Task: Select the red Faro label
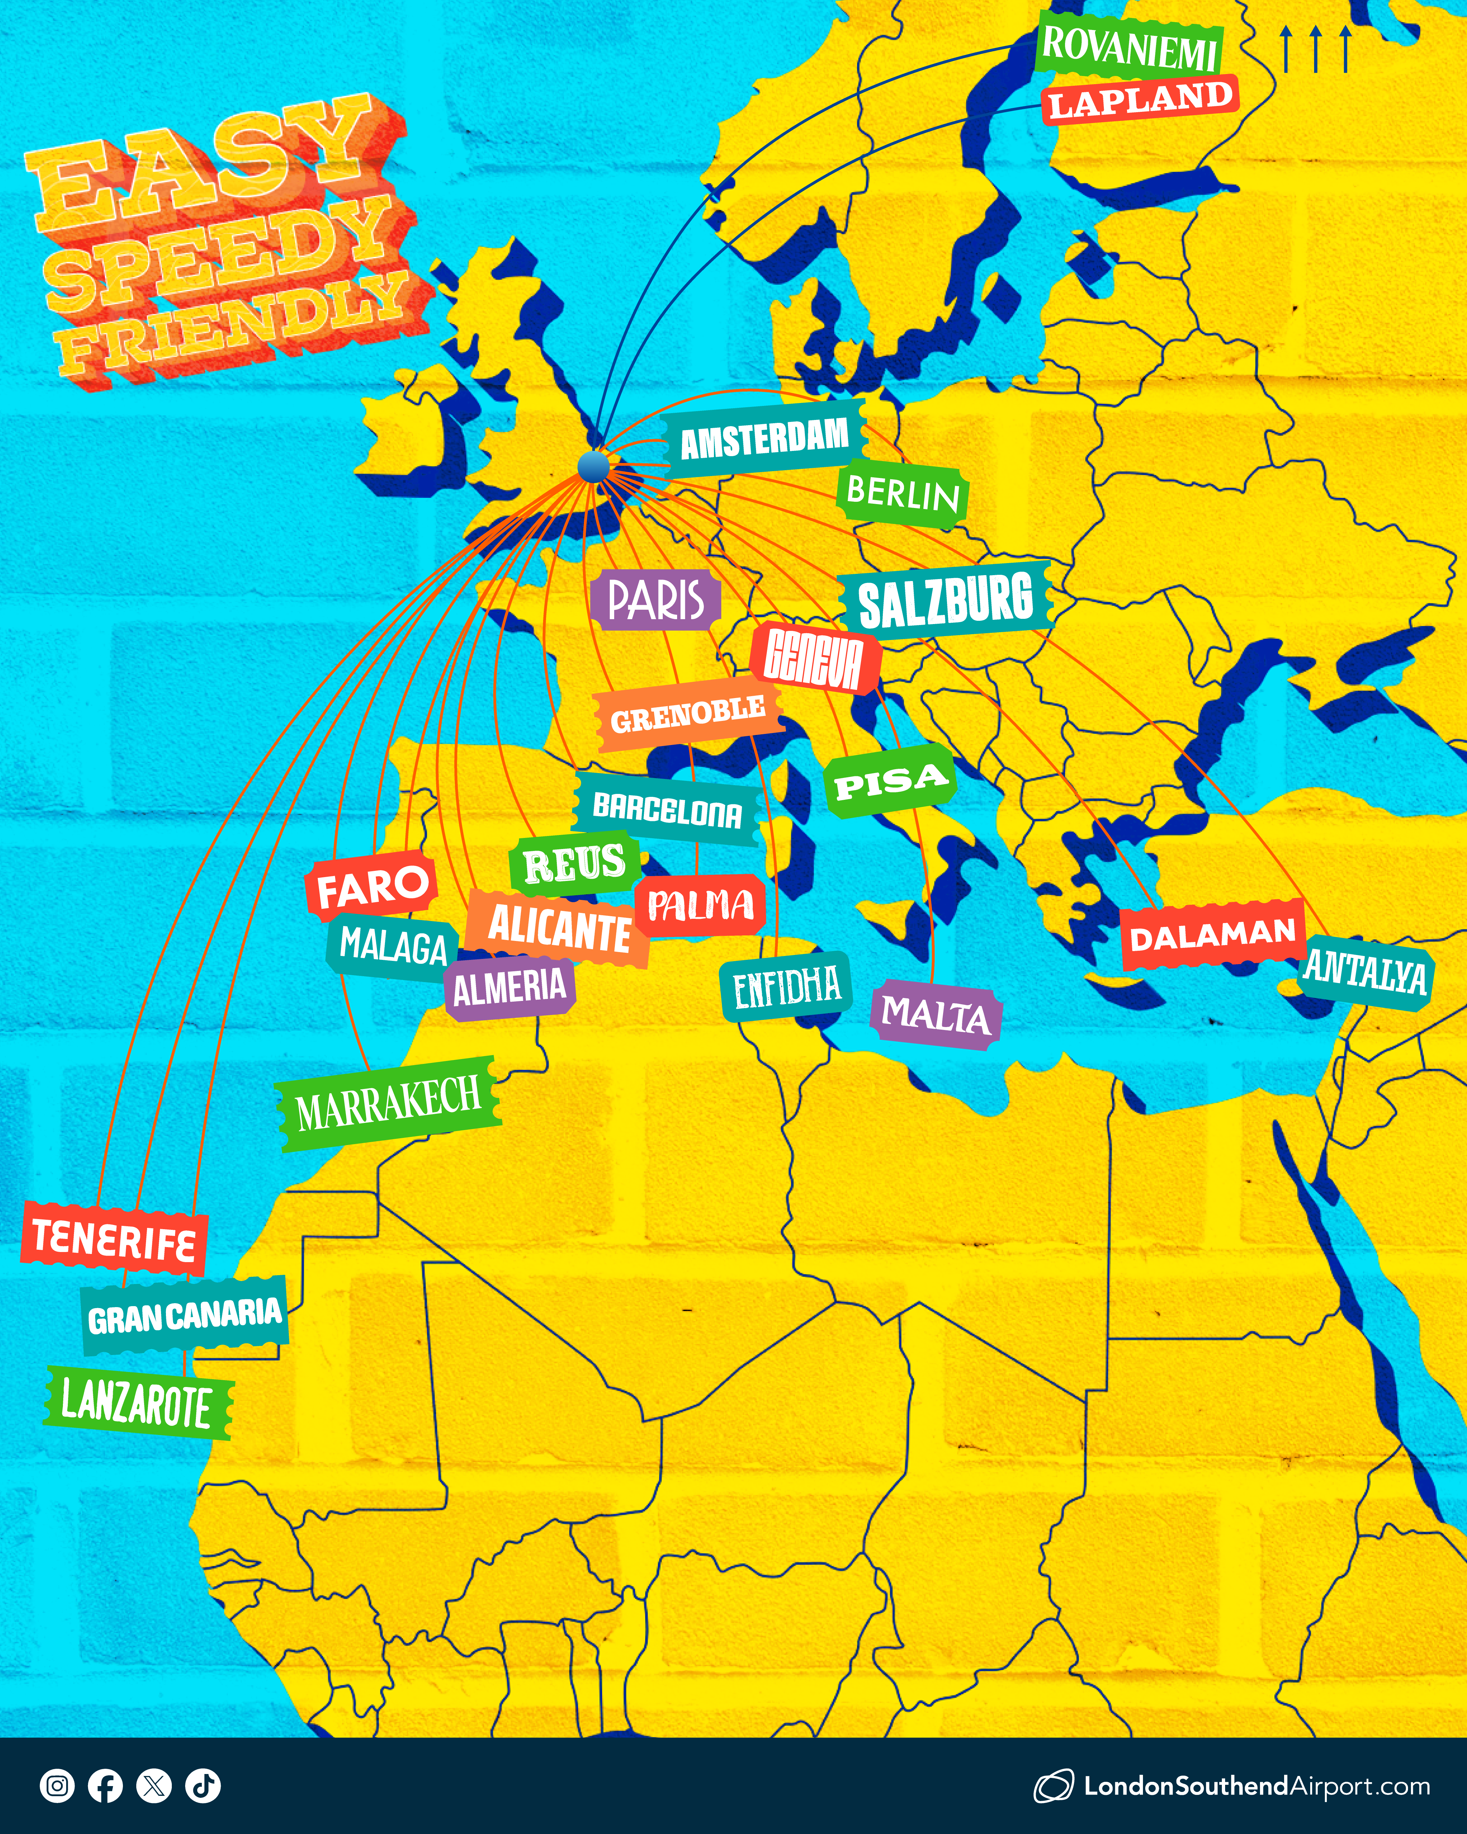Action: pos(372,887)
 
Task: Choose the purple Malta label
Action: pos(936,1014)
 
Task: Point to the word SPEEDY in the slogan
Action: pos(217,255)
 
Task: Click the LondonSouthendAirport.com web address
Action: pos(1256,1785)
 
